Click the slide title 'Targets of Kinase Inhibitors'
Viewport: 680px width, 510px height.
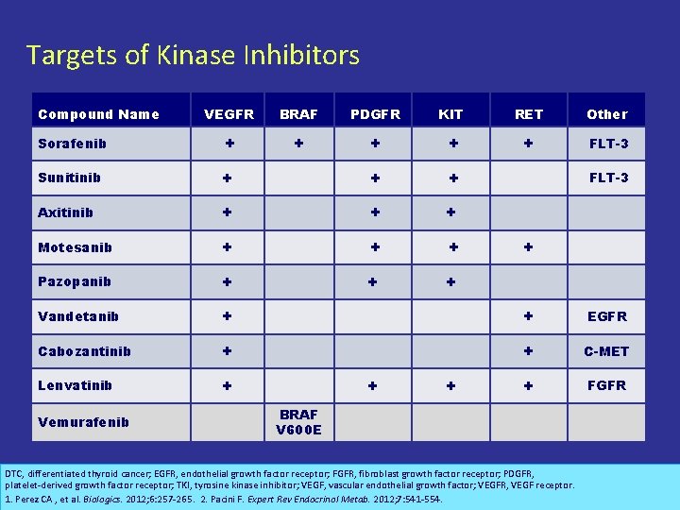(x=193, y=56)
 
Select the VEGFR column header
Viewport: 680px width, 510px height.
(x=229, y=114)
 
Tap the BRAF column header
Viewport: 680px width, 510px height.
(x=298, y=114)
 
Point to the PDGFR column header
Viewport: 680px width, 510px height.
(x=375, y=114)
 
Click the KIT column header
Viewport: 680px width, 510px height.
(x=451, y=114)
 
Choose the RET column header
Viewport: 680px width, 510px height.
(x=529, y=114)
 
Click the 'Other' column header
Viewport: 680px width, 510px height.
(x=606, y=114)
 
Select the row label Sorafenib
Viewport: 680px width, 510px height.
(x=72, y=144)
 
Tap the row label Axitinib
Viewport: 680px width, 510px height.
(x=65, y=212)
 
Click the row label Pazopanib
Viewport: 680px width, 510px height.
(x=74, y=281)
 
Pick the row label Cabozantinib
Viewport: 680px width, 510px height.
(x=84, y=351)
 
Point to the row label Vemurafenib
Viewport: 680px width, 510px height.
(x=83, y=422)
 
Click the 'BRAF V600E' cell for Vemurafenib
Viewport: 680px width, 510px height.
(x=298, y=422)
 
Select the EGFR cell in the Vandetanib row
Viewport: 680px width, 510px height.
(x=606, y=316)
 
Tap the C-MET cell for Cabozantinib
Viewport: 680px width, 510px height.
(x=606, y=351)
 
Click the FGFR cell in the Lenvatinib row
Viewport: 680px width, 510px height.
(x=606, y=385)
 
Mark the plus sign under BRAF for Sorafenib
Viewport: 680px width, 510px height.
(x=298, y=144)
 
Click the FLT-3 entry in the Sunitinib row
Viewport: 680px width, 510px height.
(x=609, y=178)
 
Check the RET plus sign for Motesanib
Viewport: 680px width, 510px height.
(x=529, y=246)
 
